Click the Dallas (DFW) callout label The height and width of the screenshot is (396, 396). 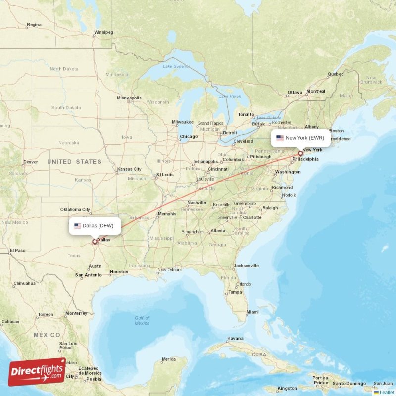(x=95, y=226)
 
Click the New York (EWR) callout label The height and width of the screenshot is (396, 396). (x=300, y=138)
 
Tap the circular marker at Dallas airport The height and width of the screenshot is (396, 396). (x=95, y=242)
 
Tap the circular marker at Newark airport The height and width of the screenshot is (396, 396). (x=300, y=154)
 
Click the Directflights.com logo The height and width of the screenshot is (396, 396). (x=37, y=372)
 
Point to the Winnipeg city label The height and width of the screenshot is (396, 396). (x=103, y=33)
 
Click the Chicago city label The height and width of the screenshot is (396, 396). (x=189, y=137)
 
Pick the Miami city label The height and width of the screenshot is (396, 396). (x=252, y=312)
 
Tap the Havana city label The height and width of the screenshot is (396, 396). (x=235, y=339)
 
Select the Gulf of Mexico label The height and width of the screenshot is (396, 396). (x=142, y=320)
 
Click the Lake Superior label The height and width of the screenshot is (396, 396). (x=176, y=66)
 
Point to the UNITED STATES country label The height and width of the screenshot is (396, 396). (x=74, y=162)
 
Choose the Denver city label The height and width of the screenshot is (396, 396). (x=30, y=162)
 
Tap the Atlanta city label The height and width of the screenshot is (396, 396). (x=217, y=230)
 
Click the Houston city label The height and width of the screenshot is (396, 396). (x=119, y=272)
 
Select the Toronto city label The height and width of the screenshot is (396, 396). (x=246, y=114)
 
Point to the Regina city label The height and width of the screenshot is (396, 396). (x=34, y=25)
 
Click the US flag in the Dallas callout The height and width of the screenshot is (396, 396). (x=77, y=226)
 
